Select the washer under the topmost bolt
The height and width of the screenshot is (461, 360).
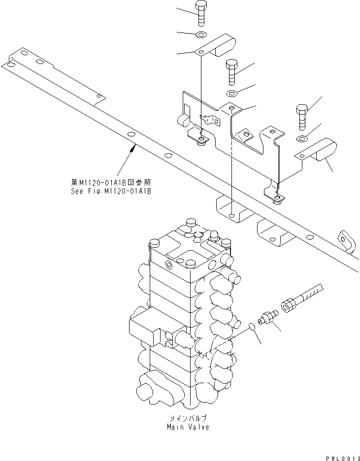(201, 35)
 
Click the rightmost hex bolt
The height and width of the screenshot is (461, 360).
(302, 116)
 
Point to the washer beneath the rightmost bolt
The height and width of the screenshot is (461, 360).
(303, 136)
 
